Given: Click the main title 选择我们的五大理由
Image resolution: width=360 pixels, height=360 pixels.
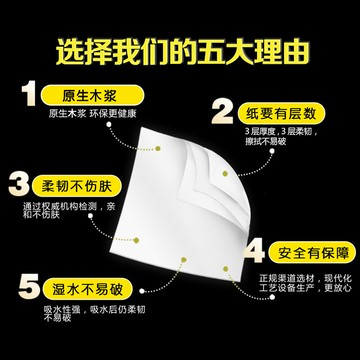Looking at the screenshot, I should pos(180,47).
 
